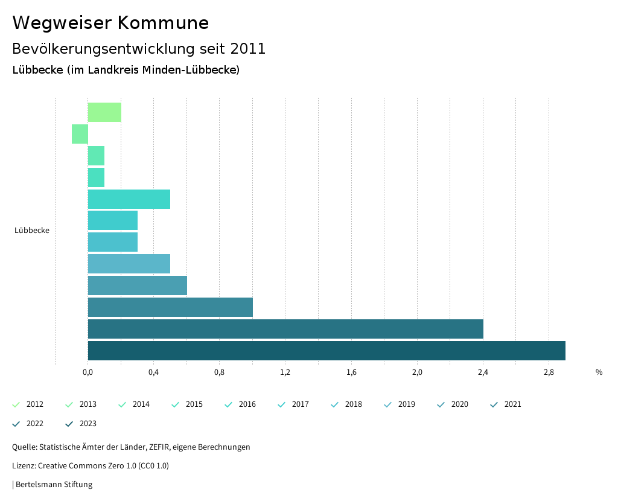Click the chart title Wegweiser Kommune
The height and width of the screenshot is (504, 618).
tap(110, 23)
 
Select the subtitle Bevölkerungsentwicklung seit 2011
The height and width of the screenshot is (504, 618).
tap(139, 49)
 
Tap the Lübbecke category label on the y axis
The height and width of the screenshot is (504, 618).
tap(32, 231)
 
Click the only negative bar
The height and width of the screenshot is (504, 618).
tap(80, 134)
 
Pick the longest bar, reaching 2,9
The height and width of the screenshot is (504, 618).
tap(327, 351)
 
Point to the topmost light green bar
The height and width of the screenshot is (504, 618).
tap(104, 112)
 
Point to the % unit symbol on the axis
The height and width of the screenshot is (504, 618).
tap(599, 372)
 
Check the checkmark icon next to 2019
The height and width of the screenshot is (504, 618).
tap(387, 404)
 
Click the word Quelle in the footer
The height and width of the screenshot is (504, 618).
tap(24, 447)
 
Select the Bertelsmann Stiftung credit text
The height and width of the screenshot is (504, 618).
tap(54, 485)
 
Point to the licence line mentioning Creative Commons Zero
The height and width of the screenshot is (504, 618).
tap(91, 466)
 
